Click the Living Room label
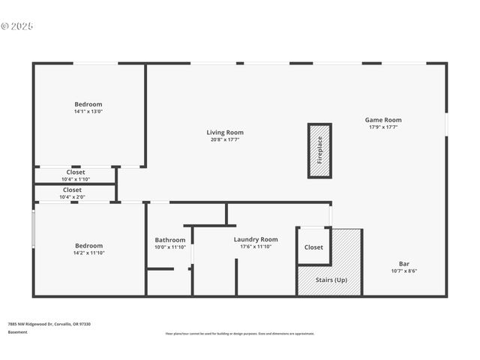[x=225, y=133]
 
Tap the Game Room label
[x=383, y=120]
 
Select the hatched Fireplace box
[x=319, y=150]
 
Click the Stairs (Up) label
[x=331, y=280]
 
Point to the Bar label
[x=403, y=263]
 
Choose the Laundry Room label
[x=255, y=239]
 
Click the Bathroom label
[x=169, y=240]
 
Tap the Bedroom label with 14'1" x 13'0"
[x=88, y=104]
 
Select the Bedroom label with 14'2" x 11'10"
[x=88, y=245]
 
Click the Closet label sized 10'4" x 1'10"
[x=76, y=172]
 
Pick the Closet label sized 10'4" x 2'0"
[x=72, y=190]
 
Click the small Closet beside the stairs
[x=313, y=247]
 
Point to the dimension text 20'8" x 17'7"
[x=225, y=139]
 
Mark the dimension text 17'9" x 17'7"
[x=383, y=127]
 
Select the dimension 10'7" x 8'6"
[x=403, y=271]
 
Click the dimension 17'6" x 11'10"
[x=255, y=246]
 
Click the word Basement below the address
[x=17, y=331]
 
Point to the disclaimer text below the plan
[x=239, y=334]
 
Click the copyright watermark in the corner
[x=17, y=26]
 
